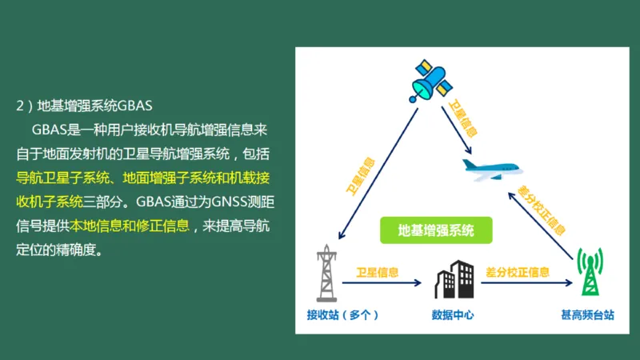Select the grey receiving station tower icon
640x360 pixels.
pos(326,274)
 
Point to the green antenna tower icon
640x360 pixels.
pos(590,272)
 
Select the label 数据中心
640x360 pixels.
pos(453,315)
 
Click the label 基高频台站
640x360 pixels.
pos(587,315)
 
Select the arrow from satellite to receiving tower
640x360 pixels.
pos(377,174)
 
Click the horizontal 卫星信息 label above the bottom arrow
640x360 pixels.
pos(378,271)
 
